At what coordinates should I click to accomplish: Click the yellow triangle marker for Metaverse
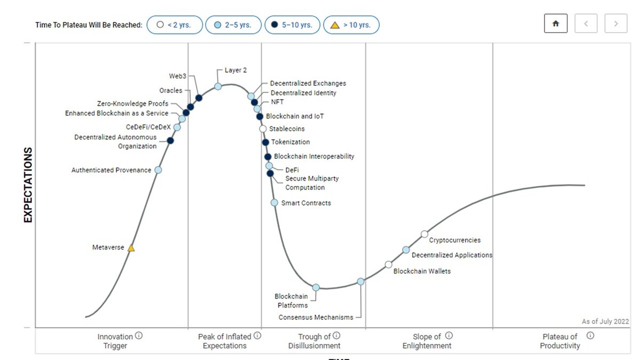click(131, 248)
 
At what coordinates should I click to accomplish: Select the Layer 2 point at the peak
click(218, 86)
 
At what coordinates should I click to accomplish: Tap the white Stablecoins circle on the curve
click(262, 129)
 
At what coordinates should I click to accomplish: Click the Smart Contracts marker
click(274, 203)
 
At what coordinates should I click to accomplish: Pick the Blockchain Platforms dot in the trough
click(316, 287)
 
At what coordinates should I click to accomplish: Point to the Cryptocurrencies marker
click(425, 234)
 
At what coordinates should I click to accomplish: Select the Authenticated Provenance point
click(158, 170)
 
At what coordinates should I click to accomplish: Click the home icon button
click(556, 24)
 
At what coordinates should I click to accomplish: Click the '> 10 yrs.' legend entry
click(351, 25)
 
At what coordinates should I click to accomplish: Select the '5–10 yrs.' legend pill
click(292, 25)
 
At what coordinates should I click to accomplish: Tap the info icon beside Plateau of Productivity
click(590, 336)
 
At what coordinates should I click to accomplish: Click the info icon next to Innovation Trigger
click(139, 336)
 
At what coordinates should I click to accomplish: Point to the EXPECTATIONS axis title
click(28, 185)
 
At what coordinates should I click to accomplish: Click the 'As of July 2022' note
click(605, 322)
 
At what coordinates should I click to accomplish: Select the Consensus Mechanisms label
click(316, 317)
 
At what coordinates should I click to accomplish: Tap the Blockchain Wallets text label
click(422, 271)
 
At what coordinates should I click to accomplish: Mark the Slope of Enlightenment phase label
click(427, 341)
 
